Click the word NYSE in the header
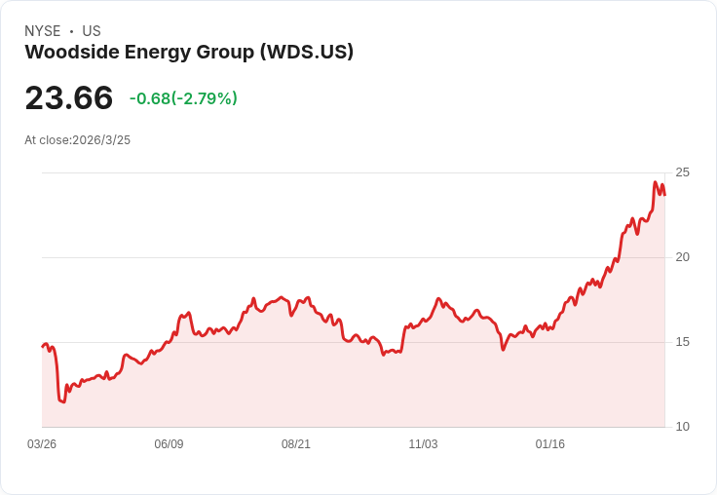[42, 31]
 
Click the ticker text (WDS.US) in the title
[306, 52]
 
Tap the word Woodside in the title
[69, 52]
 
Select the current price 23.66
[68, 97]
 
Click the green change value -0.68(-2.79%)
[183, 98]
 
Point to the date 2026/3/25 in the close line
[101, 140]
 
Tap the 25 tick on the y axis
[682, 172]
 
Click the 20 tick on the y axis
[682, 257]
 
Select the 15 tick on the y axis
[682, 342]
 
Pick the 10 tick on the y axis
[682, 427]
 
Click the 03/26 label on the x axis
[42, 444]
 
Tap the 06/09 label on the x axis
[169, 444]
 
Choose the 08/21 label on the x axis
[296, 444]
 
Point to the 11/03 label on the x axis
[423, 444]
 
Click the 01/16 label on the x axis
[550, 444]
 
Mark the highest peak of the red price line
[656, 182]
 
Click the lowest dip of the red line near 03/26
[63, 401]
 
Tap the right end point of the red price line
[664, 194]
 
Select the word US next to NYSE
[92, 31]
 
